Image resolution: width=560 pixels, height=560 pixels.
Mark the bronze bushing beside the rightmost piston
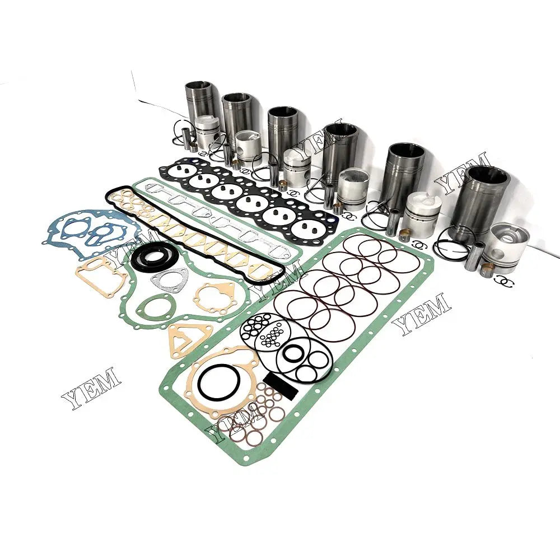(x=486, y=271)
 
